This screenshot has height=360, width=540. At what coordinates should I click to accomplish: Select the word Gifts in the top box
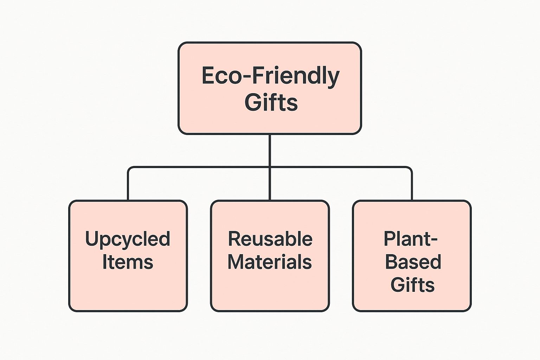271,102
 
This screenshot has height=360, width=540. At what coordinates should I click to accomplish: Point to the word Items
128,262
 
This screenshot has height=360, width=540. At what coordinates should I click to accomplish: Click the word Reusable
270,239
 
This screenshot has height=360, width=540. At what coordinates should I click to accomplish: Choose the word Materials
270,262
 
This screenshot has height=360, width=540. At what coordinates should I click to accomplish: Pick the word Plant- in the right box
411,239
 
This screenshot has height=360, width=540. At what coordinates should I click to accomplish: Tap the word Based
413,262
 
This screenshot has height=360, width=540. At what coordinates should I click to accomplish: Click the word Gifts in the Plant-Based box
412,285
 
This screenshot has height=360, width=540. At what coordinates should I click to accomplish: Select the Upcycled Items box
128,256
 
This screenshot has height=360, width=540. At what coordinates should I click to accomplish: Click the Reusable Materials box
270,256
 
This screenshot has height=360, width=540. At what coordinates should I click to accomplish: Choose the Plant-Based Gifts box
412,256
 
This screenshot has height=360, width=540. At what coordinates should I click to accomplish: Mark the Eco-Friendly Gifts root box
270,88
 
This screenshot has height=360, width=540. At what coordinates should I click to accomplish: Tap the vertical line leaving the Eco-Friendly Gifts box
270,150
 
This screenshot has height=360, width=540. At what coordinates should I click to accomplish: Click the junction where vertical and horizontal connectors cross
270,167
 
